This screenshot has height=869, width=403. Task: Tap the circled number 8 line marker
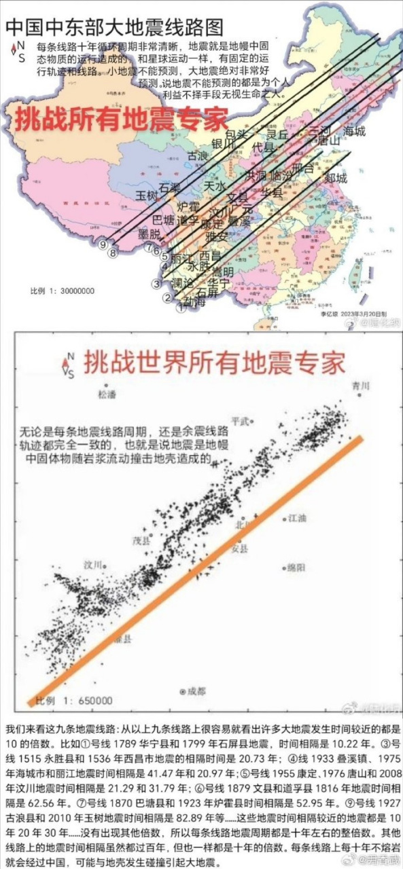point(113,253)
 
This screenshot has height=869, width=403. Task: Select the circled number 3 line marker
point(156,284)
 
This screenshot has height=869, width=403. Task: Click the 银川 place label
point(223,144)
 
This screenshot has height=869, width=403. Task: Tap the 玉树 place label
point(147,196)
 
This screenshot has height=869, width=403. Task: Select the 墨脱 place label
point(150,234)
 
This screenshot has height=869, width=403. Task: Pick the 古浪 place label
point(198,156)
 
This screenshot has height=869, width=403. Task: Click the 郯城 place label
point(336,178)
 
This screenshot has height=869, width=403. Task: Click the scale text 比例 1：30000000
point(62,291)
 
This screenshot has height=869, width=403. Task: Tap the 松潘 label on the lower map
point(107,394)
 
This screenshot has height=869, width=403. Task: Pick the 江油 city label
point(297,519)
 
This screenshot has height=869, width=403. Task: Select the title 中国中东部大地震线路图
point(114,28)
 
